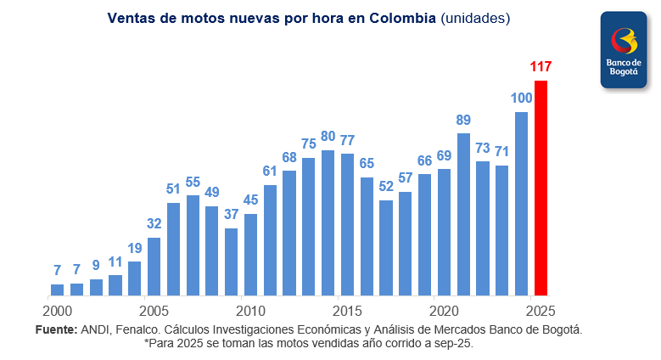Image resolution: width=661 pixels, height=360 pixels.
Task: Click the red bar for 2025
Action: point(541,188)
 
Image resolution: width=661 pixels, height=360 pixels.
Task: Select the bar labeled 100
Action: point(521,204)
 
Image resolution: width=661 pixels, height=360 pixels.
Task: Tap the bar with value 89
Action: point(463,214)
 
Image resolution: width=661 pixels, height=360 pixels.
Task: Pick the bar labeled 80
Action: point(328,222)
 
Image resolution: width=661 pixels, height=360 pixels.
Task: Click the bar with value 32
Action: point(154,266)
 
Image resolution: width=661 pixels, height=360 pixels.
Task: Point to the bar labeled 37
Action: point(231,261)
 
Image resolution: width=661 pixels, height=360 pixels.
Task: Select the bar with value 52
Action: point(386,247)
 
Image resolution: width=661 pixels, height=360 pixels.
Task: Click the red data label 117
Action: point(541,66)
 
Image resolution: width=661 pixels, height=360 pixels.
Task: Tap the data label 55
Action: point(193,182)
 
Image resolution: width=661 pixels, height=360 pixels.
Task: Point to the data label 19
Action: point(135,248)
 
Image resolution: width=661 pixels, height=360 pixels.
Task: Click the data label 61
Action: point(270,171)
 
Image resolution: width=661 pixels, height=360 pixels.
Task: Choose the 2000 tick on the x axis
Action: point(57,310)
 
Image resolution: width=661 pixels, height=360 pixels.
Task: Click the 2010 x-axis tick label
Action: point(250,310)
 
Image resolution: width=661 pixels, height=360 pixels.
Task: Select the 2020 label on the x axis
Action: point(444,310)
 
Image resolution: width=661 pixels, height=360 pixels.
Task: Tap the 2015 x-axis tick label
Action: point(347,310)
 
